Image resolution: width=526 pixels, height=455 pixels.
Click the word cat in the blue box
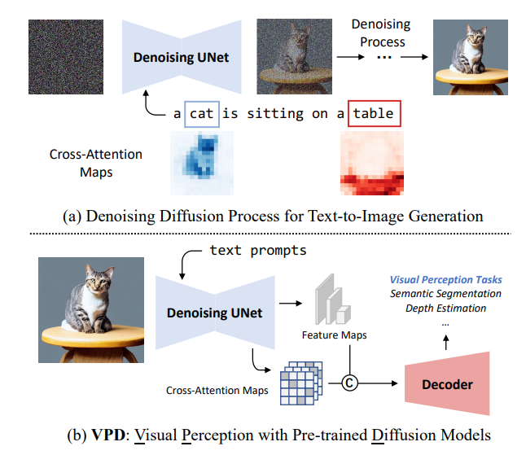point(200,114)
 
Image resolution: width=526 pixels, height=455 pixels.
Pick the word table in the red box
point(375,114)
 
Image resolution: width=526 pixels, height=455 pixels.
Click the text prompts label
point(257,250)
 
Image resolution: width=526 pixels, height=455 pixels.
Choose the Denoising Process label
point(381,33)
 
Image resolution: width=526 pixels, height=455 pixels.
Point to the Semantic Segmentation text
point(445,293)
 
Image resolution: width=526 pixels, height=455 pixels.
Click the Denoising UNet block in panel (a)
point(181,57)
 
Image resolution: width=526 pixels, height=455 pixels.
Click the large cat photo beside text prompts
point(90,309)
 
